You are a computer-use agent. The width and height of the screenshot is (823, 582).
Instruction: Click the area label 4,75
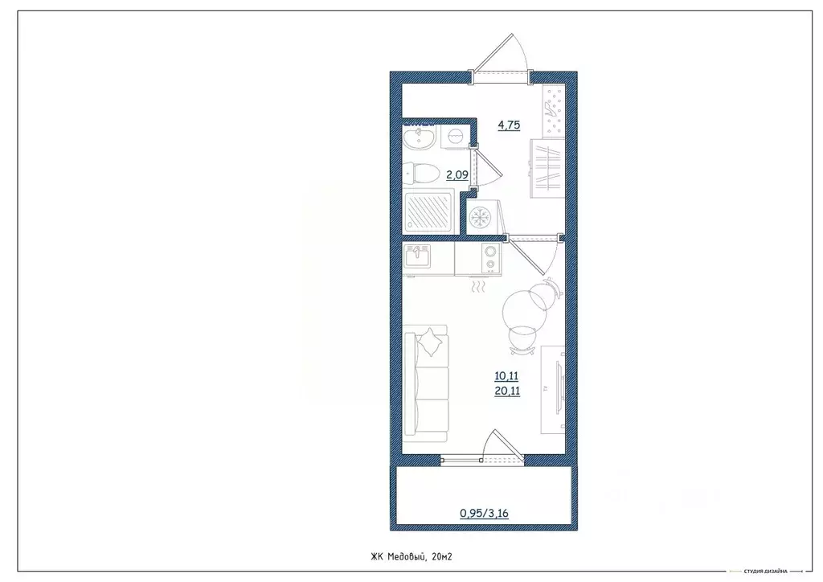click(509, 125)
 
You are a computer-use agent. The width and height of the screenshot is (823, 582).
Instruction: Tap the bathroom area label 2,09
click(457, 174)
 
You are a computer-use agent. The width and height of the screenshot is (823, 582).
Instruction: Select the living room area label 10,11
click(508, 375)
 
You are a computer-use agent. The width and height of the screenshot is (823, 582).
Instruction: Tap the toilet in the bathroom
click(421, 173)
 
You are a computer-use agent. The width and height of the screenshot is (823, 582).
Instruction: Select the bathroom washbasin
click(419, 138)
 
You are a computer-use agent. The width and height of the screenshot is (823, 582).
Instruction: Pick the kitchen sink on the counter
click(418, 258)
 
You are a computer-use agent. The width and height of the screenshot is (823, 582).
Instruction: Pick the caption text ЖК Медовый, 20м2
click(412, 555)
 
